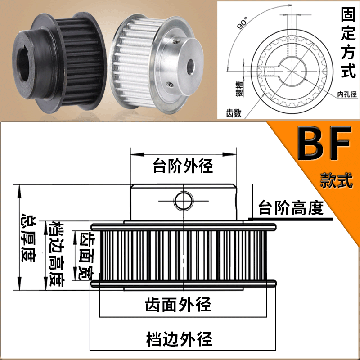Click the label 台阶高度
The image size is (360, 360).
click(x=291, y=208)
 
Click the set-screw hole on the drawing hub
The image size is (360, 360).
click(x=183, y=201)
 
